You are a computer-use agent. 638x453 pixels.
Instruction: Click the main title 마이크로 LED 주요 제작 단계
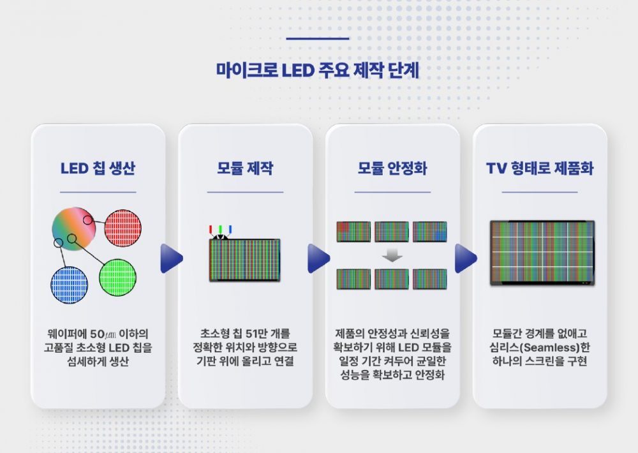(317, 70)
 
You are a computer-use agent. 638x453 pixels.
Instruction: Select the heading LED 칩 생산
(98, 169)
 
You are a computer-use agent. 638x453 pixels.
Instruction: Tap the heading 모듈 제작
(245, 169)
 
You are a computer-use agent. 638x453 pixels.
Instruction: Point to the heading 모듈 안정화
(392, 169)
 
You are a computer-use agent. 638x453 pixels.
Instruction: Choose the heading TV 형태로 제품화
(539, 169)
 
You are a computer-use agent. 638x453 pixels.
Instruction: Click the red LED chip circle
(122, 228)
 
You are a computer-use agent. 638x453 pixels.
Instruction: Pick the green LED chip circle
(117, 277)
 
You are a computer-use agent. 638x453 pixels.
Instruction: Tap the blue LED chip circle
(70, 285)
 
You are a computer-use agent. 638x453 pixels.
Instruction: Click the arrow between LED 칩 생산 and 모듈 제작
(171, 258)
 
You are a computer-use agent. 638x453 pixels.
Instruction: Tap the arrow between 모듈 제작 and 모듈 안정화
(318, 258)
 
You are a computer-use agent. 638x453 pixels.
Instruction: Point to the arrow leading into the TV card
(466, 258)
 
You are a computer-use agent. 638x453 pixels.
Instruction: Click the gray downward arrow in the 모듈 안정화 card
(392, 255)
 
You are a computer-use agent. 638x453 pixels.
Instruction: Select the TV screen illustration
(542, 253)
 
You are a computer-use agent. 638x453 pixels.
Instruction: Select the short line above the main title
(318, 39)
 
